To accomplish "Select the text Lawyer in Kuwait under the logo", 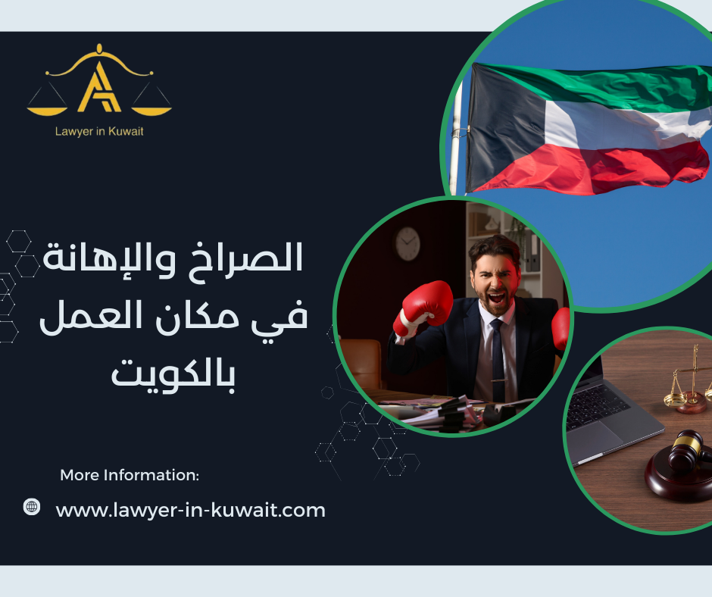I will pos(99,131).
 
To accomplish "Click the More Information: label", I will pos(130,476).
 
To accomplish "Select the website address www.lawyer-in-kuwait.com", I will pos(191,510).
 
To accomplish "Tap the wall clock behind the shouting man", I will pos(408,244).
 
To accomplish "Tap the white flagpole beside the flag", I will pos(456,136).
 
